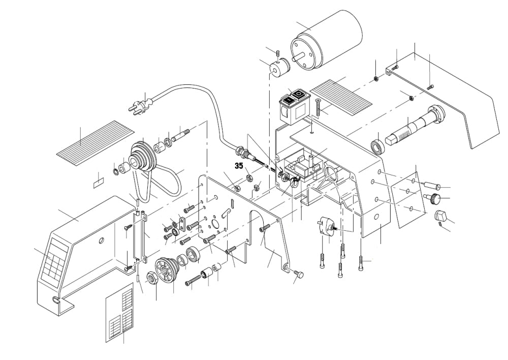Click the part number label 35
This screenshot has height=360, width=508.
239,165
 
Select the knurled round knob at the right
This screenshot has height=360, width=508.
437,199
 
